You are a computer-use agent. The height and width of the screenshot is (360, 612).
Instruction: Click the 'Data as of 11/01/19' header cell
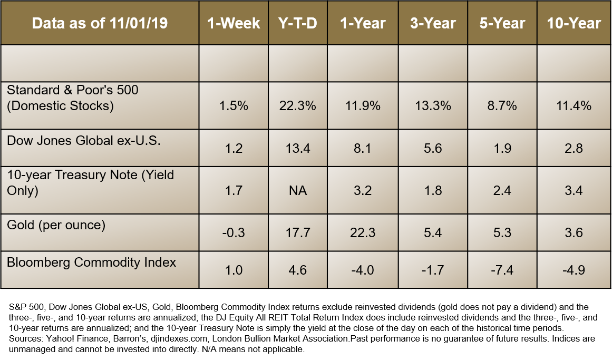coord(100,24)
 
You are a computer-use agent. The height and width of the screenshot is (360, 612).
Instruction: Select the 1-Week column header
coord(234,24)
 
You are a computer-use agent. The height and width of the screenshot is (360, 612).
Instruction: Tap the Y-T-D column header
coord(298,24)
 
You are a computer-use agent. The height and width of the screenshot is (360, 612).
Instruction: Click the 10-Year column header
coord(574,24)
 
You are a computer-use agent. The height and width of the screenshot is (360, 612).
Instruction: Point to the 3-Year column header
coord(433,24)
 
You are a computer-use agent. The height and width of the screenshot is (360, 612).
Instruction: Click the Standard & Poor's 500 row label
coord(73,98)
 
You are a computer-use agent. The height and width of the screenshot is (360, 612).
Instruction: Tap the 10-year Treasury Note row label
coord(90,182)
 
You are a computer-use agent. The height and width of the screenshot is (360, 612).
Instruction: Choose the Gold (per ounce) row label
coord(56,226)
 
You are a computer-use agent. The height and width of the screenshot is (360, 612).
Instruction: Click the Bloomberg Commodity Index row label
coord(91,262)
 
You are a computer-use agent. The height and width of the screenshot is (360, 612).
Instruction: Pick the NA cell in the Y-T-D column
coord(298,190)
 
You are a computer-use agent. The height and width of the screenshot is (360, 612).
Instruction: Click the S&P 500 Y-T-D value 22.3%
coord(298,106)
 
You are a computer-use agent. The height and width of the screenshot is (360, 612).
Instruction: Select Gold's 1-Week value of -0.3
coord(234,232)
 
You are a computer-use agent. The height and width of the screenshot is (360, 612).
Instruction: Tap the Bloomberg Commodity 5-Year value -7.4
coord(502,270)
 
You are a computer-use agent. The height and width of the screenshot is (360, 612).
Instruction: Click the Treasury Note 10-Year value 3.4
coord(574,190)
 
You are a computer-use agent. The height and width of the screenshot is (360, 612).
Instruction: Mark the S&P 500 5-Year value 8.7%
coord(502,106)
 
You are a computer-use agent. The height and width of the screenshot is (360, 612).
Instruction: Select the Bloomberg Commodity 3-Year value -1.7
coord(433,270)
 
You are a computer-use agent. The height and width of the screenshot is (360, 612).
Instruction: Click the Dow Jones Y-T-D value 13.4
coord(298,149)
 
